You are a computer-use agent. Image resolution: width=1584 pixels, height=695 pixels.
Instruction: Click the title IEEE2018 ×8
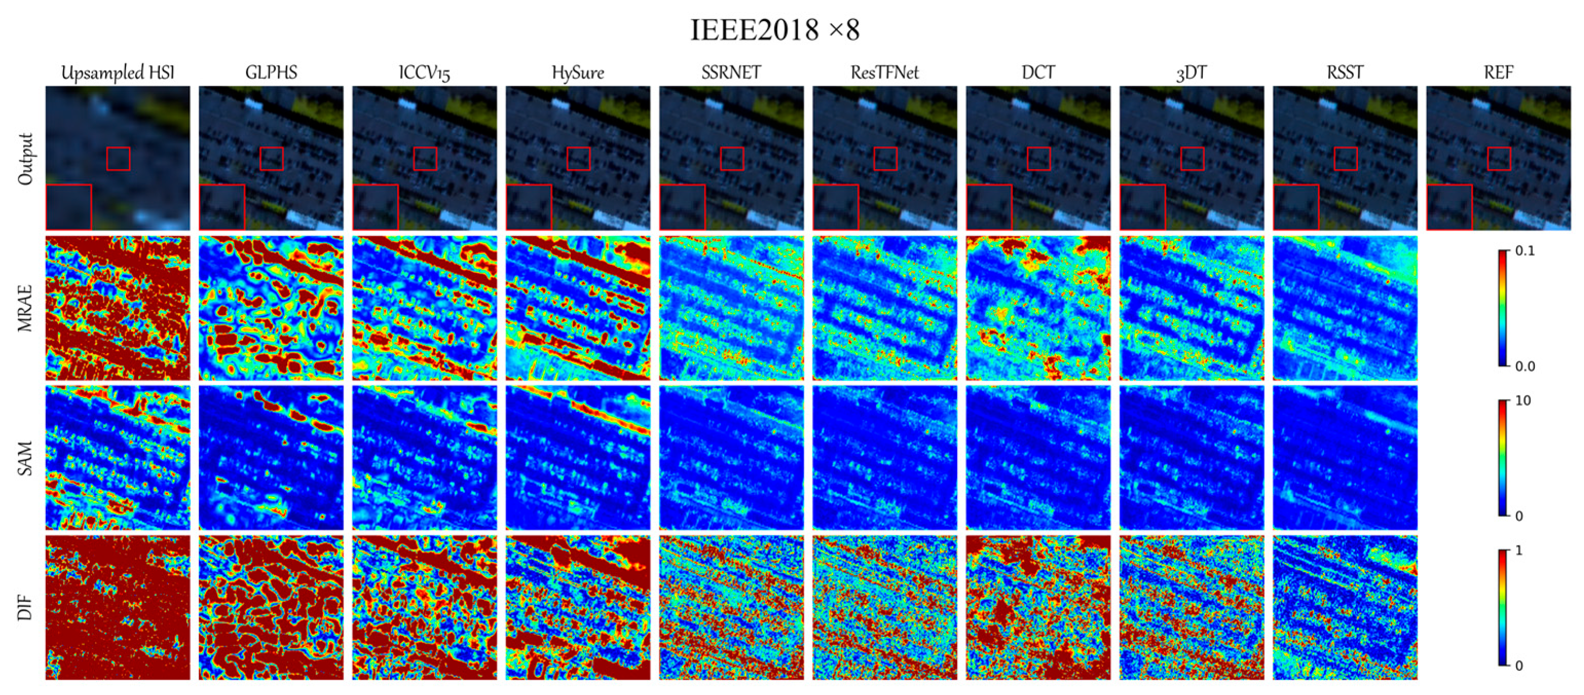775,29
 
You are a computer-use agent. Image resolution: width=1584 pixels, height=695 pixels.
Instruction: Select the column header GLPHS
271,72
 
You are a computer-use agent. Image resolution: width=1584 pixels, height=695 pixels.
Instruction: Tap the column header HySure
577,72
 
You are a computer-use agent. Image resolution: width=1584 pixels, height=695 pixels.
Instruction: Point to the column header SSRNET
730,72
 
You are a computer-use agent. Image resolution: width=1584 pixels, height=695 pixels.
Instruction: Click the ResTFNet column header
884,72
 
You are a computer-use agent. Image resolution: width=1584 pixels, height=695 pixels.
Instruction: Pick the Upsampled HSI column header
118,72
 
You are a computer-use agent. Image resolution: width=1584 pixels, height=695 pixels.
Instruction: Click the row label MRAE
25,308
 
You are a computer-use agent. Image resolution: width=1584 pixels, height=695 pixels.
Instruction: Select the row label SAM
25,458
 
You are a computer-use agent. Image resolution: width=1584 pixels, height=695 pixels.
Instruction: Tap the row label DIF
25,608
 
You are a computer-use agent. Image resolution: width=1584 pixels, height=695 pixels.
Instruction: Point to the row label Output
25,159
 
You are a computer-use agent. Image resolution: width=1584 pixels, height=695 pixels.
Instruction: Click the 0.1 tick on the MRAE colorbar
1525,251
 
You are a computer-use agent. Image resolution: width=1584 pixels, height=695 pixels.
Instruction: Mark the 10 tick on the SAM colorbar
1522,401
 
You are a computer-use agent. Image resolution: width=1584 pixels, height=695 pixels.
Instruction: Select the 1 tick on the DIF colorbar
1519,551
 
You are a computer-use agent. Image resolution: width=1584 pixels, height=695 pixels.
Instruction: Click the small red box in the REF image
1499,159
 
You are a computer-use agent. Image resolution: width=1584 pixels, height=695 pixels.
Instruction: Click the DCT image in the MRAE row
1038,308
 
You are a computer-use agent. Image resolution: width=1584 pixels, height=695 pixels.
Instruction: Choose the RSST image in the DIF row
1345,608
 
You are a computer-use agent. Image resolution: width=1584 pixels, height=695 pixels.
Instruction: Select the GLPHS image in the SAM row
271,458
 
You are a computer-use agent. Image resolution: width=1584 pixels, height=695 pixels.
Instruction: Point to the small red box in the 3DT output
1192,159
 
